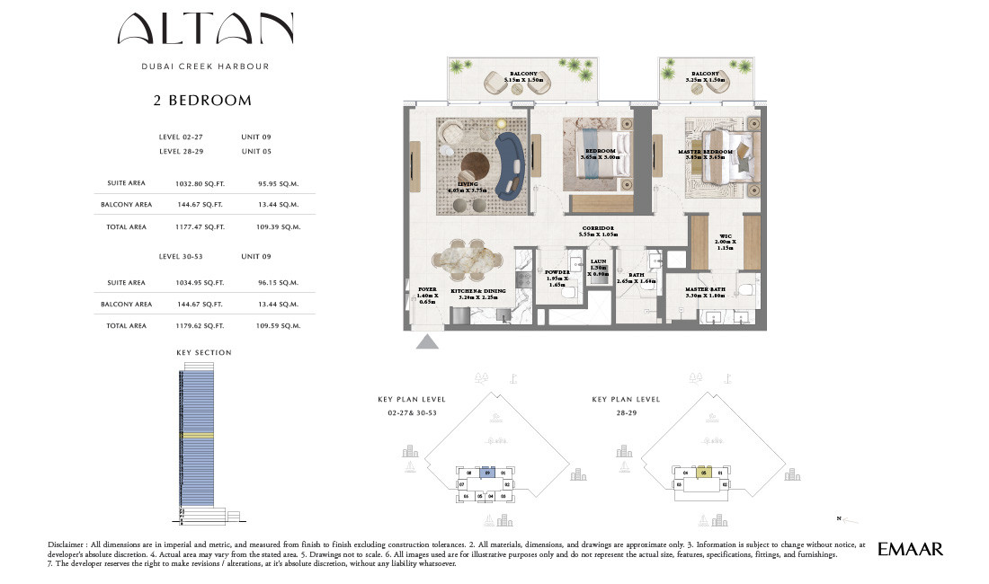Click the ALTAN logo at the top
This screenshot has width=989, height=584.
click(205, 31)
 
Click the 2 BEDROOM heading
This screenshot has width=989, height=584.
click(203, 101)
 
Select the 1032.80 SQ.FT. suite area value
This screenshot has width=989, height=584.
click(200, 183)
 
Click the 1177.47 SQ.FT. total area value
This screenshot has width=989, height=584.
click(200, 227)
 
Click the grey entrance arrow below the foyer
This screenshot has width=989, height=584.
click(426, 342)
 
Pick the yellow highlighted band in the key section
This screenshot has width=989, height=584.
click(197, 436)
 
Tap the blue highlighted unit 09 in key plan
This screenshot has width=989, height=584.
click(486, 472)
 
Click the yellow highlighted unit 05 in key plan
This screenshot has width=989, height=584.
click(705, 472)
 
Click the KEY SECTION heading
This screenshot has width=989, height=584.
click(204, 353)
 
